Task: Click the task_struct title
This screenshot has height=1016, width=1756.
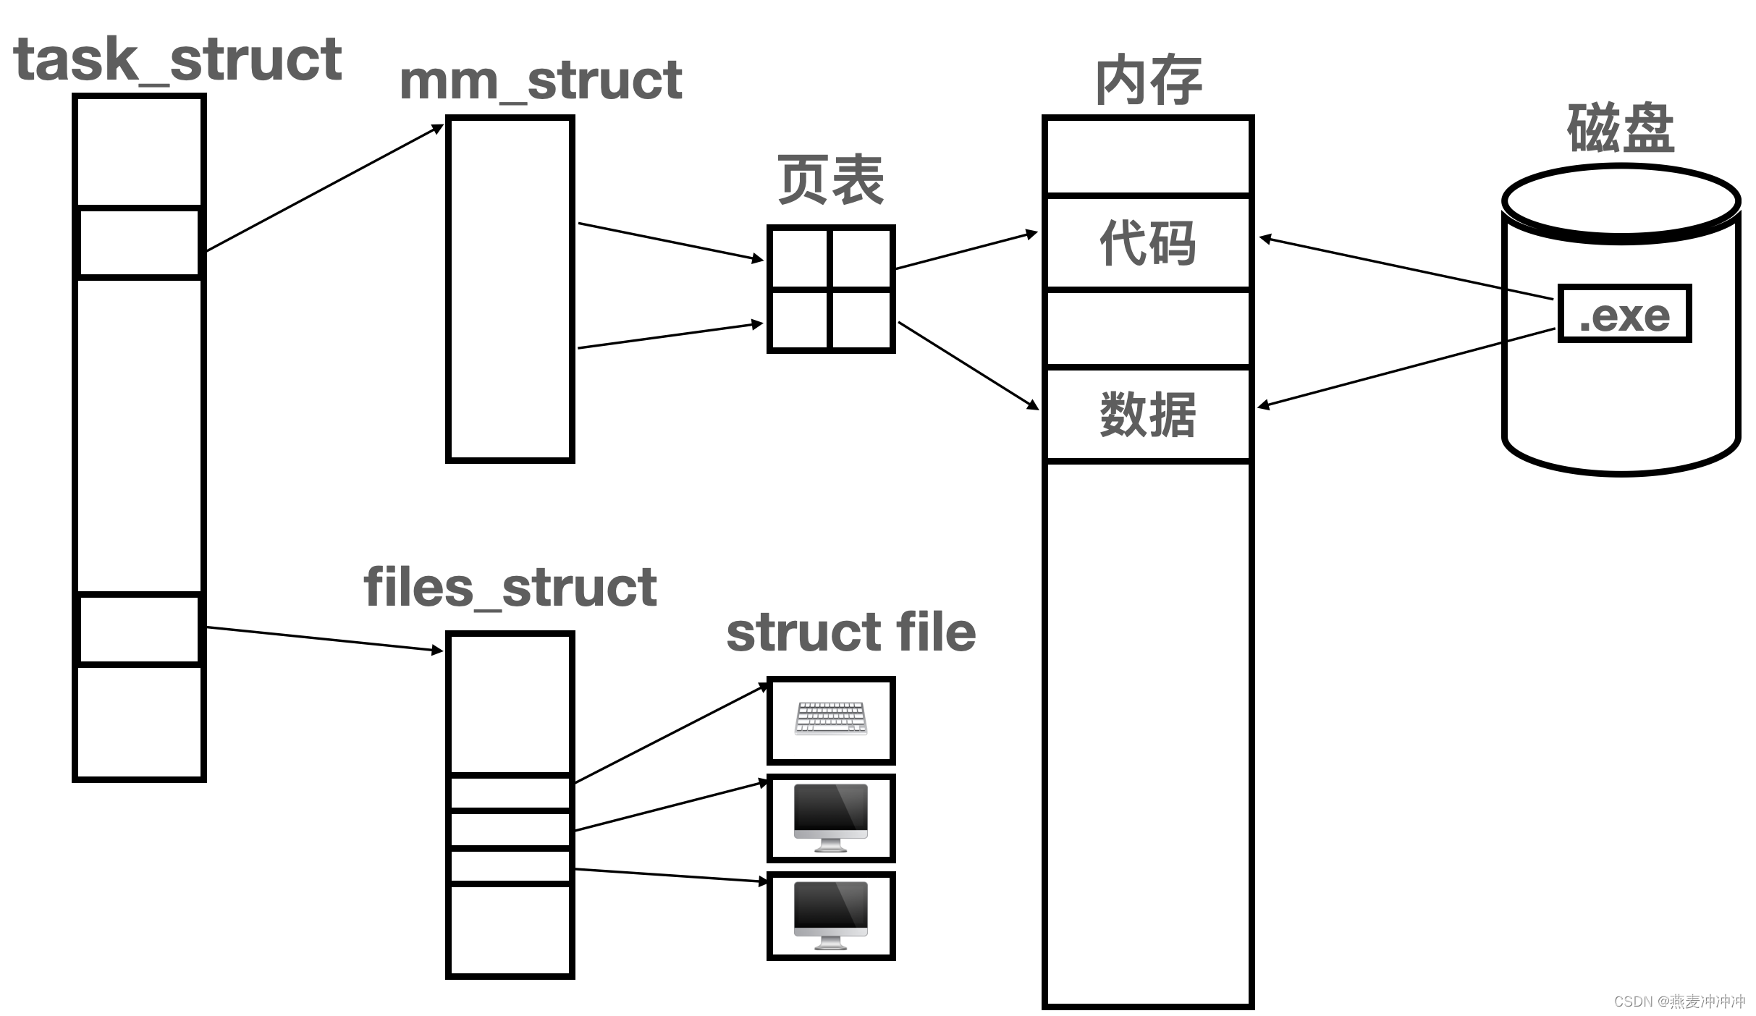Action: pyautogui.click(x=177, y=59)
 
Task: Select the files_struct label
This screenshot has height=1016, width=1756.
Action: pyautogui.click(x=510, y=587)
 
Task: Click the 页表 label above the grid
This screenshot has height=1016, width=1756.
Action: pyautogui.click(x=830, y=179)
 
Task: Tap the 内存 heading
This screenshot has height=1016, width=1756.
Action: pyautogui.click(x=1148, y=80)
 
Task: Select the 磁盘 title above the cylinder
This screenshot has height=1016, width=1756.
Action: pyautogui.click(x=1621, y=128)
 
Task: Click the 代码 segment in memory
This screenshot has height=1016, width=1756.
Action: pyautogui.click(x=1147, y=242)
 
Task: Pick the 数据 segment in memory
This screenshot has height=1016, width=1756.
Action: pyautogui.click(x=1147, y=415)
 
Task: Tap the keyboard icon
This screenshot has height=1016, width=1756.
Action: pyautogui.click(x=830, y=719)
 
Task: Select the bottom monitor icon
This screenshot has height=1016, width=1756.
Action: pyautogui.click(x=830, y=915)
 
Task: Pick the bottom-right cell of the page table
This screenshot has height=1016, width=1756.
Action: pyautogui.click(x=861, y=319)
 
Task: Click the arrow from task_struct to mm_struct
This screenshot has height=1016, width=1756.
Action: pyautogui.click(x=324, y=188)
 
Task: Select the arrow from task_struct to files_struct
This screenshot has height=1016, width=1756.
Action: pyautogui.click(x=324, y=639)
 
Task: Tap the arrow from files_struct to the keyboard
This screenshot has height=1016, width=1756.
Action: pyautogui.click(x=670, y=734)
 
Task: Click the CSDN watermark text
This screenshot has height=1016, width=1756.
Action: pyautogui.click(x=1679, y=1002)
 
